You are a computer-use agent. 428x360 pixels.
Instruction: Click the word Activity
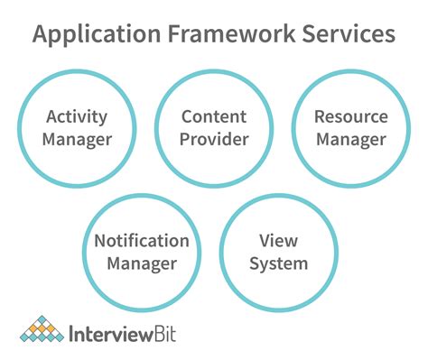(x=77, y=117)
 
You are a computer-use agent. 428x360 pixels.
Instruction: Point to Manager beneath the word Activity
(x=77, y=140)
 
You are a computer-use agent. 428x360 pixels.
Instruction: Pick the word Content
(x=213, y=117)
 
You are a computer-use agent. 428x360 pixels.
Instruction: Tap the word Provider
(x=213, y=140)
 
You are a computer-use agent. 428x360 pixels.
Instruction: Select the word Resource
(x=349, y=117)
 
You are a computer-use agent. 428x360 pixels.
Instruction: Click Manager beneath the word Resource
(x=349, y=140)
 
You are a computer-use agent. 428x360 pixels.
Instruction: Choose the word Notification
(x=142, y=242)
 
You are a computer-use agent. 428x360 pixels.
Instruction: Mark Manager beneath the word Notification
(x=142, y=264)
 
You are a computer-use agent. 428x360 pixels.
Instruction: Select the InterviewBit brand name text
(x=122, y=335)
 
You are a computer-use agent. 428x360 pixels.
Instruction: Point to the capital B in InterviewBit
(x=154, y=335)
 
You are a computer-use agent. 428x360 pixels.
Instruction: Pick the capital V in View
(x=265, y=242)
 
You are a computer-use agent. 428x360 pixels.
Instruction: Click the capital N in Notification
(x=100, y=242)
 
